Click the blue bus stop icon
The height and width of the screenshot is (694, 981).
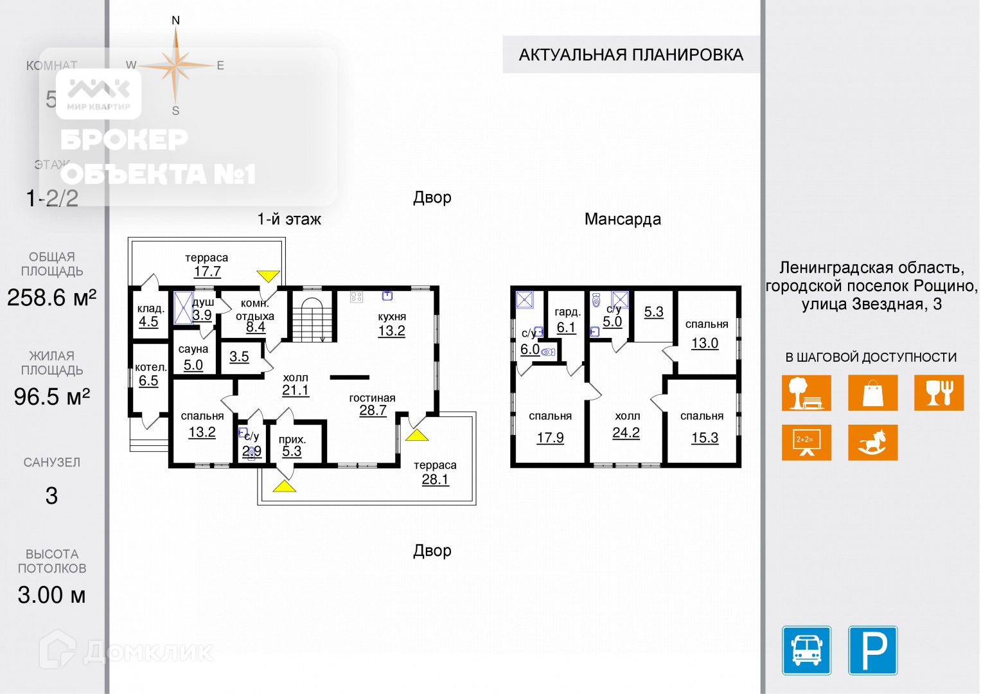click(x=806, y=650)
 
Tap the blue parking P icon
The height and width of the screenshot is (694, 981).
click(x=872, y=650)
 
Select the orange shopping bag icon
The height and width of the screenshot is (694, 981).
click(x=872, y=393)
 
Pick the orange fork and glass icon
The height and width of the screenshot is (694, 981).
click(x=939, y=393)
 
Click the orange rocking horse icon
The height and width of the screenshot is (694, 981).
click(x=872, y=442)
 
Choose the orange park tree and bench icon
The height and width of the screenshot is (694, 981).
click(x=806, y=393)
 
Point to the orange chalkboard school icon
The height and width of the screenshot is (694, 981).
click(x=806, y=442)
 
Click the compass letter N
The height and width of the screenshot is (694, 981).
click(x=175, y=21)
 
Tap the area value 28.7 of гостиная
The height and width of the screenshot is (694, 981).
click(x=373, y=410)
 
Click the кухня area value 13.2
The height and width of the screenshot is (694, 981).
click(x=391, y=331)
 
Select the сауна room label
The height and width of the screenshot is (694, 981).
click(x=193, y=349)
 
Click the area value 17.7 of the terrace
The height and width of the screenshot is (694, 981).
click(x=207, y=272)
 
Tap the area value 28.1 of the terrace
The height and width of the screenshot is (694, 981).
click(x=435, y=479)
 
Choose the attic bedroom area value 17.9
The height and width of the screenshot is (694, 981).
click(x=550, y=438)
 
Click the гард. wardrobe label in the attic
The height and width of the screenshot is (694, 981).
click(x=567, y=312)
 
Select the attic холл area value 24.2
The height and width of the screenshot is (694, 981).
click(x=626, y=432)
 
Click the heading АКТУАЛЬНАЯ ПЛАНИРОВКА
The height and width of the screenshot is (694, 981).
click(x=631, y=55)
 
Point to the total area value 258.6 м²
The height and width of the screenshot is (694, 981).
click(x=51, y=298)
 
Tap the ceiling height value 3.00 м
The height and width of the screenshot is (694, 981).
click(x=51, y=595)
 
